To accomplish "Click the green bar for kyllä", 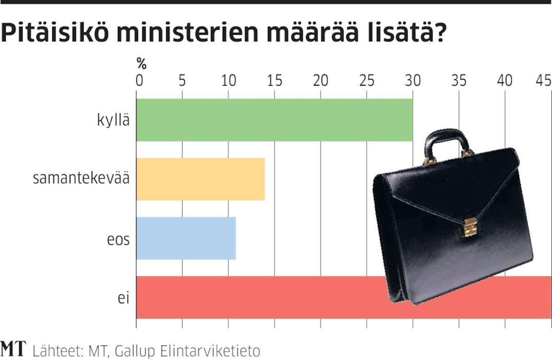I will coord(274,119).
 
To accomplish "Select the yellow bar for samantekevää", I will coord(201,179).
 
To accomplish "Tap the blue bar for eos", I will coord(186,238).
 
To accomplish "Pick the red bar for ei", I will coord(257,297).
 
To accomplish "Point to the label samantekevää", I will coord(81,179).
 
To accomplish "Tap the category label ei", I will coord(124,297).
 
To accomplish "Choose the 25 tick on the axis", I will coord(366,81).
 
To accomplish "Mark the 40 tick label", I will coord(505,81).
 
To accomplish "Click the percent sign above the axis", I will coord(142,65).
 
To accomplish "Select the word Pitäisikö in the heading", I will coord(51,33).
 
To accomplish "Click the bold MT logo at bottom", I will coord(13,350).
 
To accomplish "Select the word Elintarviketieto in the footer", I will coord(211,351).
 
